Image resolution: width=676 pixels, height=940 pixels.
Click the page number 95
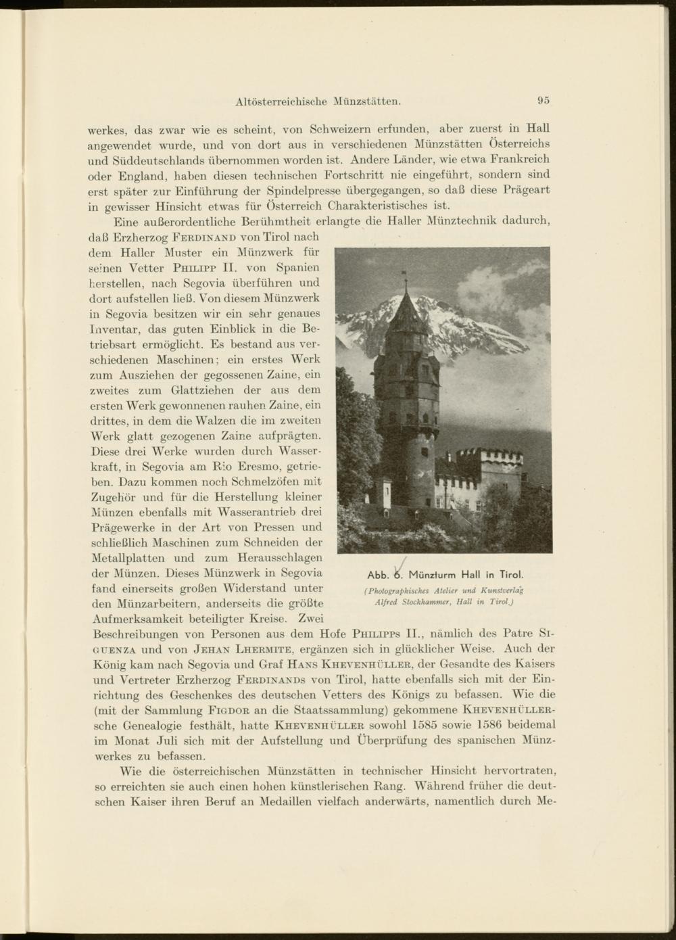click(x=544, y=101)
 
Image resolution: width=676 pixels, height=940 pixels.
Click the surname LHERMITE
click(x=265, y=650)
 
